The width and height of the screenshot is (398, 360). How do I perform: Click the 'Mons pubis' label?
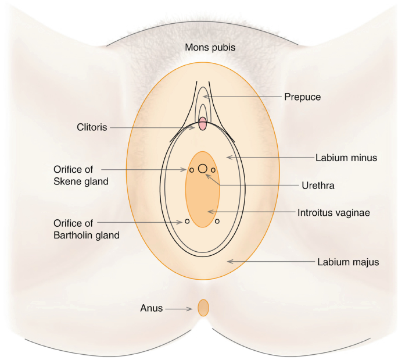(x=210, y=47)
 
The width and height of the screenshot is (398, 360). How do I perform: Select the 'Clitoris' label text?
(x=92, y=127)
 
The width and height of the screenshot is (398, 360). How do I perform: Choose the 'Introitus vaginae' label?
(x=334, y=212)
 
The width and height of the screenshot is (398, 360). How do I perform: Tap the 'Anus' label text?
(x=150, y=308)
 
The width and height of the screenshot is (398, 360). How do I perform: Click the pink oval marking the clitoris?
(x=203, y=124)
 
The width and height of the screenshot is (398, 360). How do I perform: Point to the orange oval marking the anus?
(x=203, y=308)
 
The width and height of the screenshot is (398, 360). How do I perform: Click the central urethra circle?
(x=203, y=169)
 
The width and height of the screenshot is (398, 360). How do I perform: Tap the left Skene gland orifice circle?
(x=191, y=170)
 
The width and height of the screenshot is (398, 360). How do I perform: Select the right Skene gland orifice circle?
(x=214, y=170)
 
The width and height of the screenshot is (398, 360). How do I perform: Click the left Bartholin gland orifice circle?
(x=187, y=221)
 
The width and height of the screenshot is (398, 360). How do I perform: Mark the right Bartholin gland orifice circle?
(x=217, y=221)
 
